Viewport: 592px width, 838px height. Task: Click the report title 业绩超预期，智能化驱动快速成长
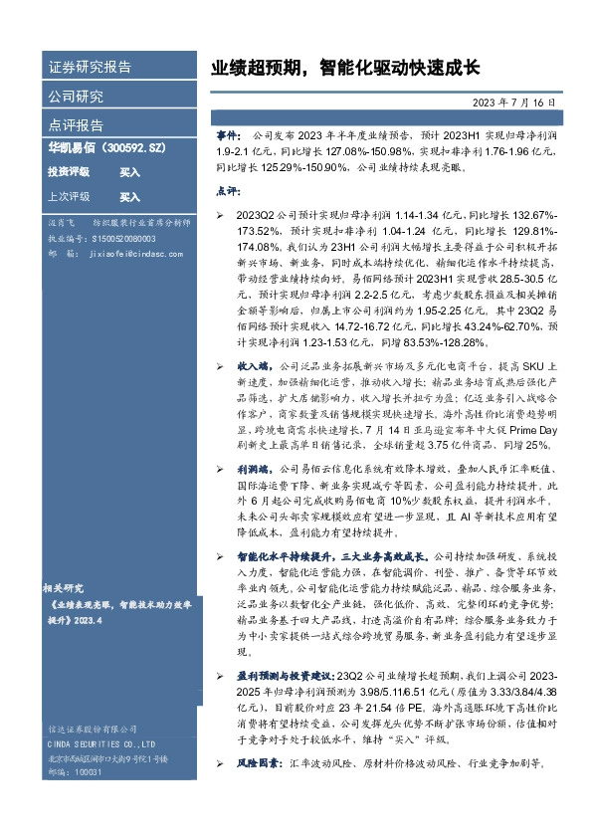click(x=345, y=69)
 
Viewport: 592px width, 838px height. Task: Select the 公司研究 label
click(x=76, y=97)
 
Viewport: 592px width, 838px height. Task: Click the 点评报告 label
click(x=76, y=125)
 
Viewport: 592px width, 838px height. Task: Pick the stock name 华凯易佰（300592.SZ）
click(x=106, y=148)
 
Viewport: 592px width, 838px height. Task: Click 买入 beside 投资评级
click(x=129, y=172)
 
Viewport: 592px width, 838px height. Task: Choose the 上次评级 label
click(x=69, y=196)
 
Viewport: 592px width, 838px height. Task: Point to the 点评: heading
click(x=227, y=189)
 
